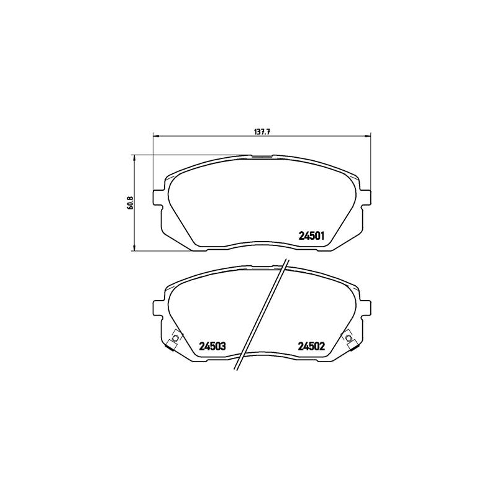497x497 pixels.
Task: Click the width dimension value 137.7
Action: pos(262,132)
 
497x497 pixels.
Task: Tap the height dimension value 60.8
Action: pos(129,203)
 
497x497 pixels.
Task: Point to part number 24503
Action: pos(212,346)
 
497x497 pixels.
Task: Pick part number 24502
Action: pos(312,346)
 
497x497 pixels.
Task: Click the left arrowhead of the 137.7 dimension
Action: pos(157,136)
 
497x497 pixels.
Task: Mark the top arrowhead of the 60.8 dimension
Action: pos(134,158)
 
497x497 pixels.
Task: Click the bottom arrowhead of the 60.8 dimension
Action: pos(134,247)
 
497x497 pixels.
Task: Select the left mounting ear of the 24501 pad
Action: pos(158,198)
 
